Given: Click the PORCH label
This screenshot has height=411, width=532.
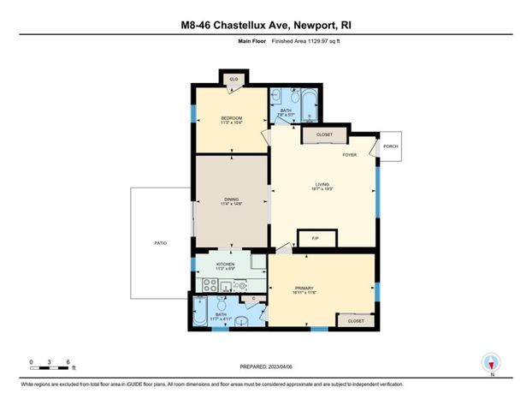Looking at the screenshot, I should tap(390, 146).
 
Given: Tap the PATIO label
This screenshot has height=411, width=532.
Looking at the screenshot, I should tap(160, 244).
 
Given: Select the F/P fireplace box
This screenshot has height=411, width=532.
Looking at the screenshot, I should tap(314, 238).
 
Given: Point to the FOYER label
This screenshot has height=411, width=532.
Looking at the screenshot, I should tap(349, 155).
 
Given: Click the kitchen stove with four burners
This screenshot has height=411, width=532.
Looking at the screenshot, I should tap(210, 286).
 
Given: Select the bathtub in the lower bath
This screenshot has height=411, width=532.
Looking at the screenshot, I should tap(199, 313).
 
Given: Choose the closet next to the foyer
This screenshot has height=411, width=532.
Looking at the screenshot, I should tap(324, 135).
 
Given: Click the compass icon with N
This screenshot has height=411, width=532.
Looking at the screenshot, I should tap(491, 363).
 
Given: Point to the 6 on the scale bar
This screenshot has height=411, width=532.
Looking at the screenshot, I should tap(67, 362).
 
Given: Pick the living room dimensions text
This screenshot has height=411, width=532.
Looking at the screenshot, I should tap(322, 188).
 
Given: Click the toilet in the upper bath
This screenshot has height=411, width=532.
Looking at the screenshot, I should tap(275, 98).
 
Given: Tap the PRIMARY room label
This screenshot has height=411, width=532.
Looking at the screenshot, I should tap(305, 288).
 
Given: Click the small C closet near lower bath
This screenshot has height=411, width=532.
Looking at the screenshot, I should tap(254, 298).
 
